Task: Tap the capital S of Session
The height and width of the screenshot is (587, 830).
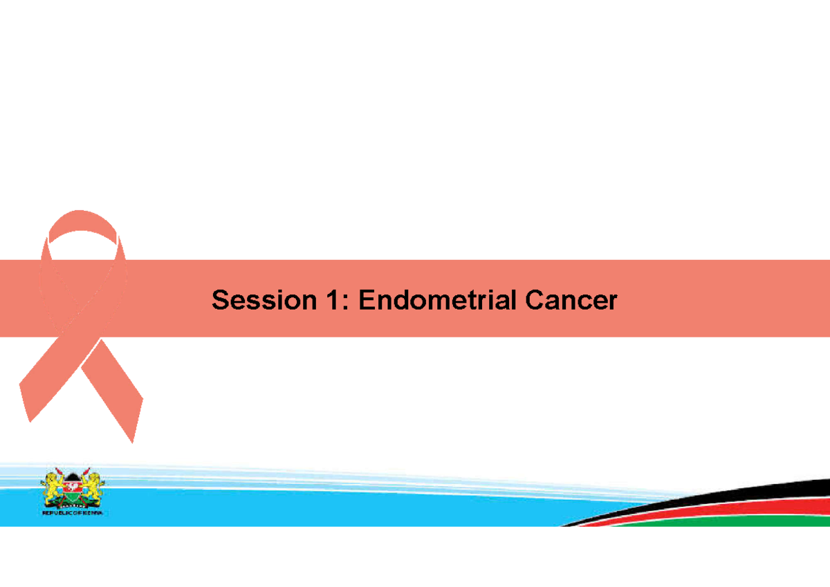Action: tap(220, 301)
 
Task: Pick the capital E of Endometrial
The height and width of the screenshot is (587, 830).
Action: tap(367, 301)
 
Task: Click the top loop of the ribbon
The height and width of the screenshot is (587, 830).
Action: tap(82, 220)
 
